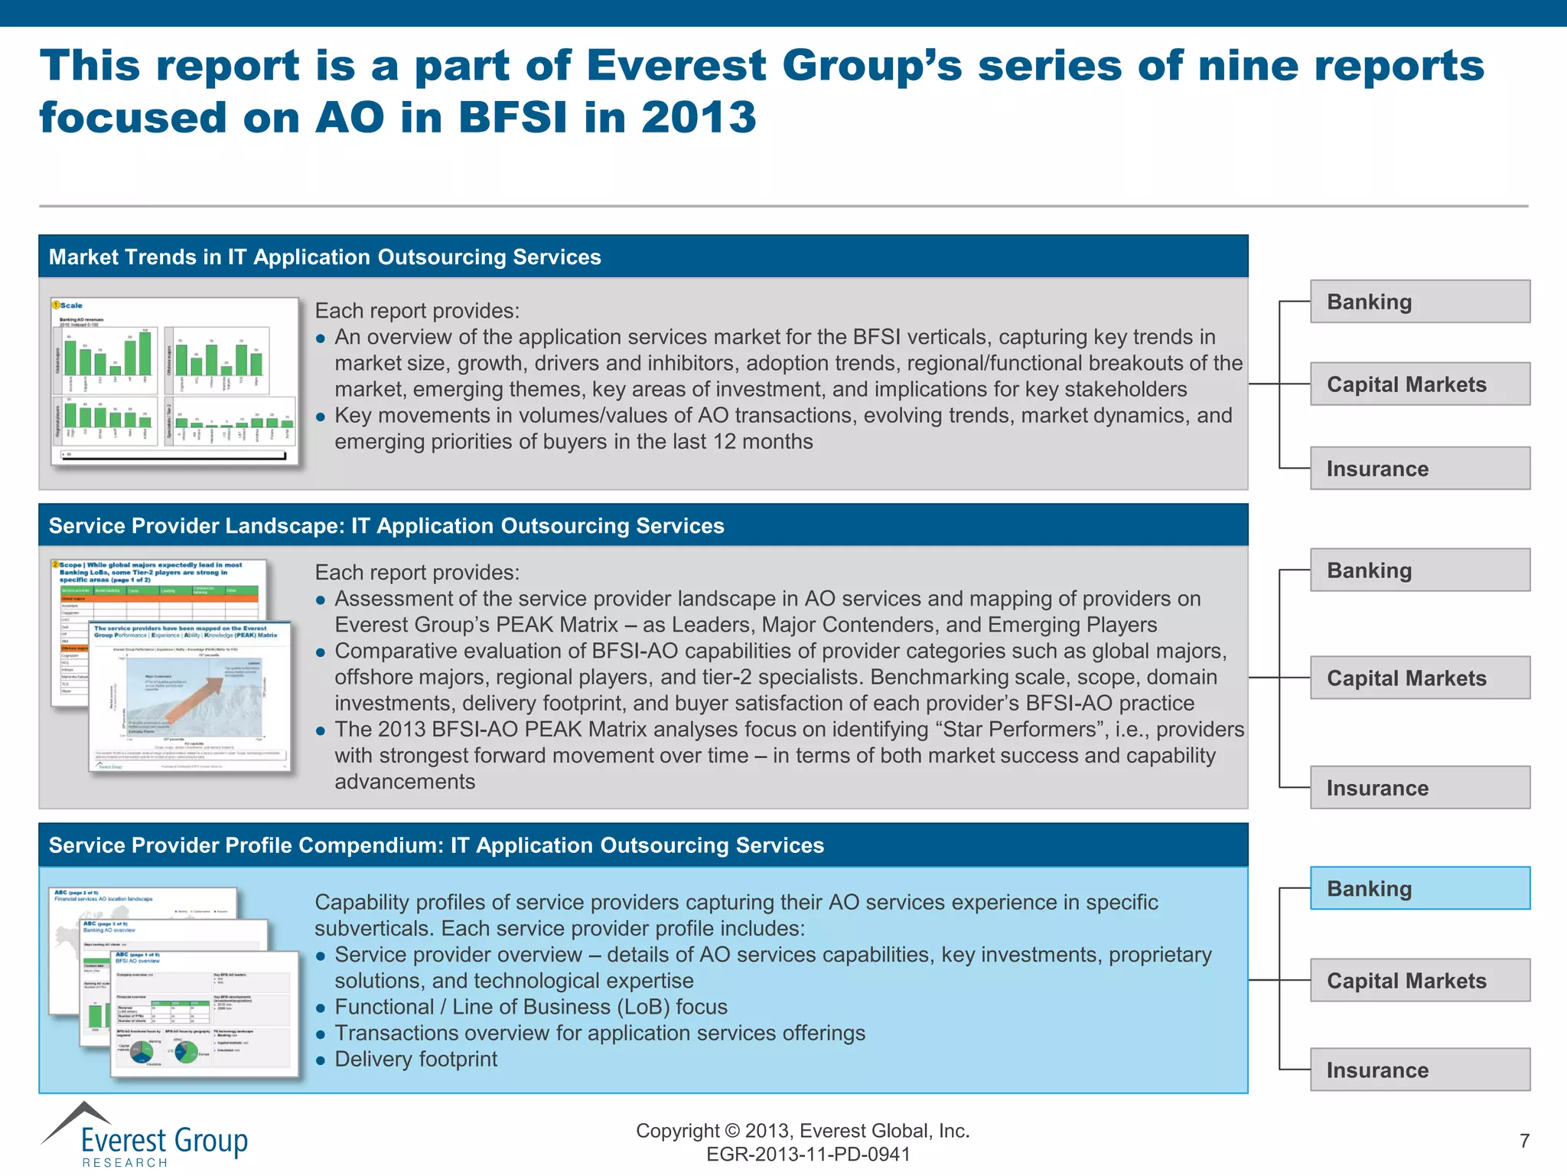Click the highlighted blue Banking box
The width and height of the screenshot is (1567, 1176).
(1419, 888)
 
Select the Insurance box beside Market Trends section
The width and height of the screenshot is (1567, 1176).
(1419, 469)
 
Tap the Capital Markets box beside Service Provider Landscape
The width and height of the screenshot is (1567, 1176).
(1419, 678)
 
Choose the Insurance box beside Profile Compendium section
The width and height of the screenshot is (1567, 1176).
(1419, 1070)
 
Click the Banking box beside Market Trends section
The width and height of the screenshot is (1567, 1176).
(1419, 302)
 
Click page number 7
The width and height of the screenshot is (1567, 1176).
(1524, 1141)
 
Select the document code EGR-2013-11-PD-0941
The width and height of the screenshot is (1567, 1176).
(808, 1155)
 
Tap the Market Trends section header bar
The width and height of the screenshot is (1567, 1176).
(643, 257)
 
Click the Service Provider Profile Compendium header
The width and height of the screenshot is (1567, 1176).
(643, 845)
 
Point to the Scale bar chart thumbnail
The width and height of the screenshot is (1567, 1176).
(174, 381)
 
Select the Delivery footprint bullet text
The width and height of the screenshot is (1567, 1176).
(415, 1059)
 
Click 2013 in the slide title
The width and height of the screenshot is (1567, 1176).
(698, 118)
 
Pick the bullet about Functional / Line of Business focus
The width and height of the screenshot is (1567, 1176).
(530, 1007)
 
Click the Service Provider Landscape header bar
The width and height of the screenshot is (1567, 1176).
(643, 526)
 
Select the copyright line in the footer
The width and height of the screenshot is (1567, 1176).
(802, 1131)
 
